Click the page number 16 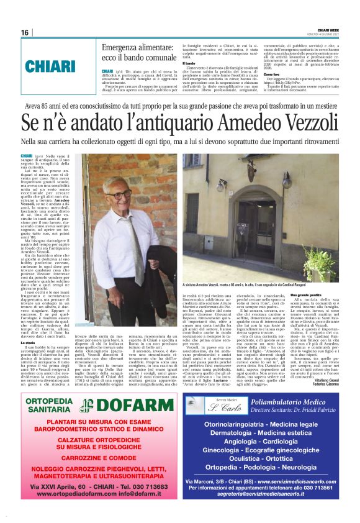tap(25, 32)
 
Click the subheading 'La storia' tap(29, 342)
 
